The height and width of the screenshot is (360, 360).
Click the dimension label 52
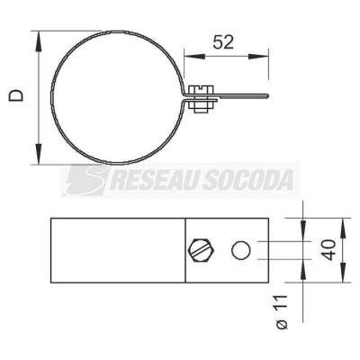click(223, 42)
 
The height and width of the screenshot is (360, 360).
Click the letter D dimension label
click(16, 95)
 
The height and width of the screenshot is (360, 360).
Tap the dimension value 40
click(328, 250)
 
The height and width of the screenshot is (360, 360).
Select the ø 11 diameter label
click(282, 312)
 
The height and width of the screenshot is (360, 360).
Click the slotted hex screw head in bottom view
click(202, 250)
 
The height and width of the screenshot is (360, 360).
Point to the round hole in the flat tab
click(241, 250)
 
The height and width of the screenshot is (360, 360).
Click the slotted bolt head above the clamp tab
click(201, 90)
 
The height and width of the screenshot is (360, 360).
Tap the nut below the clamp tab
click(201, 107)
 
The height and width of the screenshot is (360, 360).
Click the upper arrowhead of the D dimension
click(38, 41)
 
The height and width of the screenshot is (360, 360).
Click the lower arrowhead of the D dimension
click(38, 154)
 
